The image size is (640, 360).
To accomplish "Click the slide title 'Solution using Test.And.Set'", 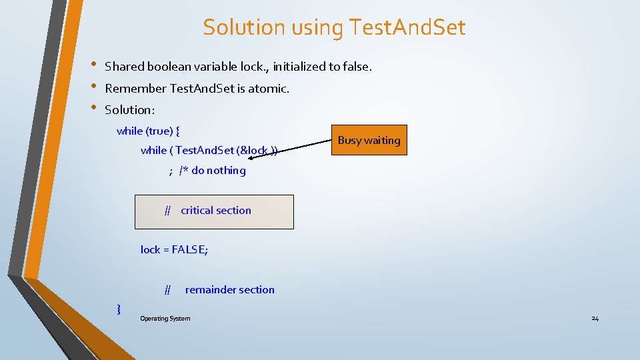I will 334,27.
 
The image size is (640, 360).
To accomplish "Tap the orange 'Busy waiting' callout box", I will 369,140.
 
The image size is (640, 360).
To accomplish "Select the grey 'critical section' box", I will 214,211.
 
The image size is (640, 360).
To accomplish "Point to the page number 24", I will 595,319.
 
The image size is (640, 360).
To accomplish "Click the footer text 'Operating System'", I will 165,319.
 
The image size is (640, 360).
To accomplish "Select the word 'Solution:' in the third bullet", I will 129,109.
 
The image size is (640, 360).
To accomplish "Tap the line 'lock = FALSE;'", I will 174,249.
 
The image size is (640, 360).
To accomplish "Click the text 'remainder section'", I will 229,289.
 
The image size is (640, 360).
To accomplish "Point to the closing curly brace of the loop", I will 119,308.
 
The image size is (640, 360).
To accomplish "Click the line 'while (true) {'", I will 147,131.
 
